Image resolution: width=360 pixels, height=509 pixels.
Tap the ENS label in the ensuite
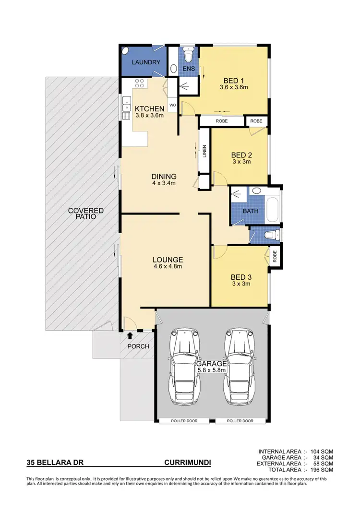[189, 69]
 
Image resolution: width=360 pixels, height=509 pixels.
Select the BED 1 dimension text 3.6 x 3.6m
[233, 87]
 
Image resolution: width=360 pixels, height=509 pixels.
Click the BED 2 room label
[241, 155]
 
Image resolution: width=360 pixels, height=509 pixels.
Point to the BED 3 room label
[241, 277]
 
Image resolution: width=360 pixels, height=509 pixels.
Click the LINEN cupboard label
[204, 151]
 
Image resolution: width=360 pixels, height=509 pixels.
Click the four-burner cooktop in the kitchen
[140, 83]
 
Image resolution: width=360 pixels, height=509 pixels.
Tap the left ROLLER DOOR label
[184, 421]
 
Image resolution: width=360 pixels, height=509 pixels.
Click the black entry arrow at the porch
[130, 335]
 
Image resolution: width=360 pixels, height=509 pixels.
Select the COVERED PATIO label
[86, 213]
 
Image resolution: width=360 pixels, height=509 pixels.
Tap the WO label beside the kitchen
[172, 104]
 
